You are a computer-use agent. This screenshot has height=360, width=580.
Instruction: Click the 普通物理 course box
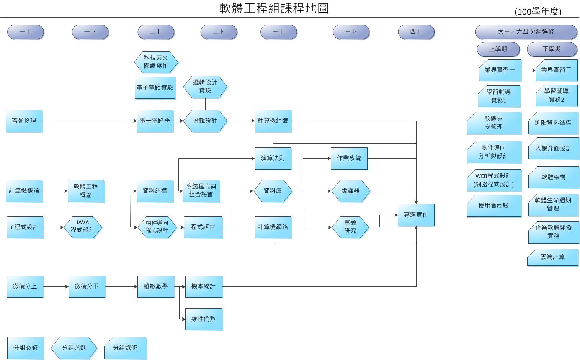coord(24,121)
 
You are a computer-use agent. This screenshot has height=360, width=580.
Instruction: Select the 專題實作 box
coord(416,214)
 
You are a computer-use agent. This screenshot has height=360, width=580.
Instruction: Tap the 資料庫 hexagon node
coord(273,191)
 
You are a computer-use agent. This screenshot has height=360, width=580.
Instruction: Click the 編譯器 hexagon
coord(350,191)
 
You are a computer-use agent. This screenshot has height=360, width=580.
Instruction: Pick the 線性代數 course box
coord(203,319)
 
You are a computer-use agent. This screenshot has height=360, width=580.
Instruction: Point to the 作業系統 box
coord(349,158)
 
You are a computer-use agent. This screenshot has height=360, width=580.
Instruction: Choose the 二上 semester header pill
coord(156,32)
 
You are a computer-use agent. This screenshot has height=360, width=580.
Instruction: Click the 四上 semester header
coord(416,32)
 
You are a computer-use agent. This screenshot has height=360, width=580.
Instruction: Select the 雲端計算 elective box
coord(552,257)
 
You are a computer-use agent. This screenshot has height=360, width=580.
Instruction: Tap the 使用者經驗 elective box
coord(493,206)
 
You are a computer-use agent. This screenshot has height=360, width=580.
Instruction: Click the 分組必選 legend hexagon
coord(74,348)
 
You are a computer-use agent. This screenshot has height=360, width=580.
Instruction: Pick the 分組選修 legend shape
coord(125,348)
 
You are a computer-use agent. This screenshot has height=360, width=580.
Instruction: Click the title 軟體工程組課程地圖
coord(274,8)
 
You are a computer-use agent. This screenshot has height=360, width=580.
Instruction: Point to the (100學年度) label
coord(538,12)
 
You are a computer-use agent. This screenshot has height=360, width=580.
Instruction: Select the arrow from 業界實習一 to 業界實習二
coord(528,70)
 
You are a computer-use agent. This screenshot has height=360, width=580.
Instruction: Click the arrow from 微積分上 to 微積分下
coord(56,286)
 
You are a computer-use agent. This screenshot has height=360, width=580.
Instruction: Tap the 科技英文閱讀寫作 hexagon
coord(156,62)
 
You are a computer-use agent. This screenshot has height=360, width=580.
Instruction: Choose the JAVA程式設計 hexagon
coord(83,227)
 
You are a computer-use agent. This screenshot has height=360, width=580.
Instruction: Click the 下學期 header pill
coord(552,49)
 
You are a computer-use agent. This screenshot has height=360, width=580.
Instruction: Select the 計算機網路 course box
coord(273,227)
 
